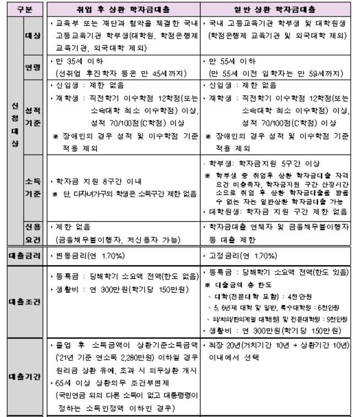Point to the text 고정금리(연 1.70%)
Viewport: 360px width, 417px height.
coord(241,256)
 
